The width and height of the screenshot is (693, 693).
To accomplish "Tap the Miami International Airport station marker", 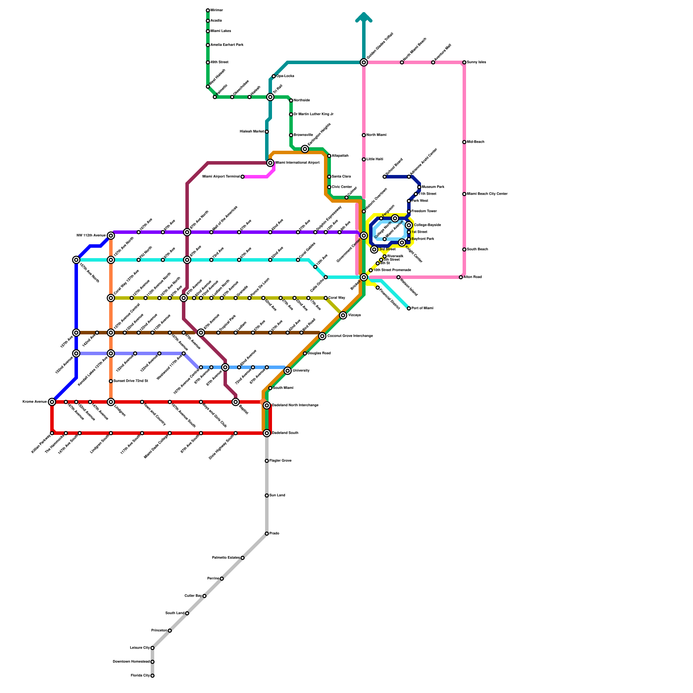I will pyautogui.click(x=270, y=163).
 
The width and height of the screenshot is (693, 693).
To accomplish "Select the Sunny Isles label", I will pyautogui.click(x=476, y=62).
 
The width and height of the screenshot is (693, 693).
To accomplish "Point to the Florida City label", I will pyautogui.click(x=140, y=676).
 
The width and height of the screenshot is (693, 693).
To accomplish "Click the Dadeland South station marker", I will pyautogui.click(x=267, y=433).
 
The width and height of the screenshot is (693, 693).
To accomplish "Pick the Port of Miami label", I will pyautogui.click(x=422, y=308).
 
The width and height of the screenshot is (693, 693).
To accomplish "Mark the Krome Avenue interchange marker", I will pyautogui.click(x=52, y=402).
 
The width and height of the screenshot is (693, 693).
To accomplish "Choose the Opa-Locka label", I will pyautogui.click(x=285, y=76).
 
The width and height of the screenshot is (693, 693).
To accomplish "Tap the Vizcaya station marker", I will pyautogui.click(x=343, y=315).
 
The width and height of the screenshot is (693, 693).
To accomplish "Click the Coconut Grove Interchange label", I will pyautogui.click(x=350, y=336).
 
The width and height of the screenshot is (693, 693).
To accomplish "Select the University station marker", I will pyautogui.click(x=288, y=371).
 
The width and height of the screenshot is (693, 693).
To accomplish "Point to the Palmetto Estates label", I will pyautogui.click(x=226, y=558).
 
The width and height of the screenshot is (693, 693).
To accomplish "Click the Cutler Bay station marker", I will pyautogui.click(x=204, y=596).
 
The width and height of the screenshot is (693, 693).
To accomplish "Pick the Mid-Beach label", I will pyautogui.click(x=476, y=142).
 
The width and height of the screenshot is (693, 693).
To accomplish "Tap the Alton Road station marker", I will pyautogui.click(x=461, y=277).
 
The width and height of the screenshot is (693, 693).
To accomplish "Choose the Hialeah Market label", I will pyautogui.click(x=252, y=131).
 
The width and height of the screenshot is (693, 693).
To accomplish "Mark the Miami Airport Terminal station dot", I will pyautogui.click(x=243, y=177).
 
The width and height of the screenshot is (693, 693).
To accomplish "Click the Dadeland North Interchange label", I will pyautogui.click(x=295, y=405).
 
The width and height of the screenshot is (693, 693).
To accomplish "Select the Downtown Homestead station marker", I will pyautogui.click(x=152, y=662).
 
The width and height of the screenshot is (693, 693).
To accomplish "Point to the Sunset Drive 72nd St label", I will pyautogui.click(x=131, y=381).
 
